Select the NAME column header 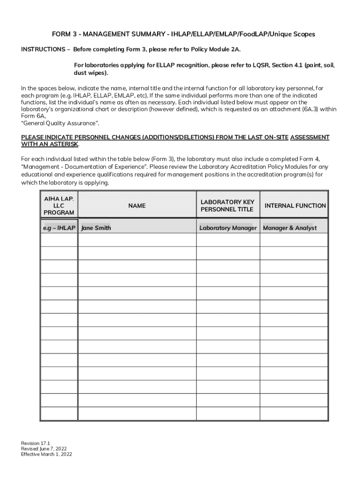(137, 206)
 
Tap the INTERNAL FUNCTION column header (295, 206)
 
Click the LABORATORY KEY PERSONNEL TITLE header (227, 206)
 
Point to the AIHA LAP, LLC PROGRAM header (59, 206)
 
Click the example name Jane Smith (96, 228)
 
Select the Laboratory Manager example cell (228, 228)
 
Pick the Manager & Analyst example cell (290, 228)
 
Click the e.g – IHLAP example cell (59, 228)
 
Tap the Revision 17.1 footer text (36, 443)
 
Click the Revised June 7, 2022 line (41, 449)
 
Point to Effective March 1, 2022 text (47, 454)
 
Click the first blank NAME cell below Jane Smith (137, 240)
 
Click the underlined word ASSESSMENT (310, 138)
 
